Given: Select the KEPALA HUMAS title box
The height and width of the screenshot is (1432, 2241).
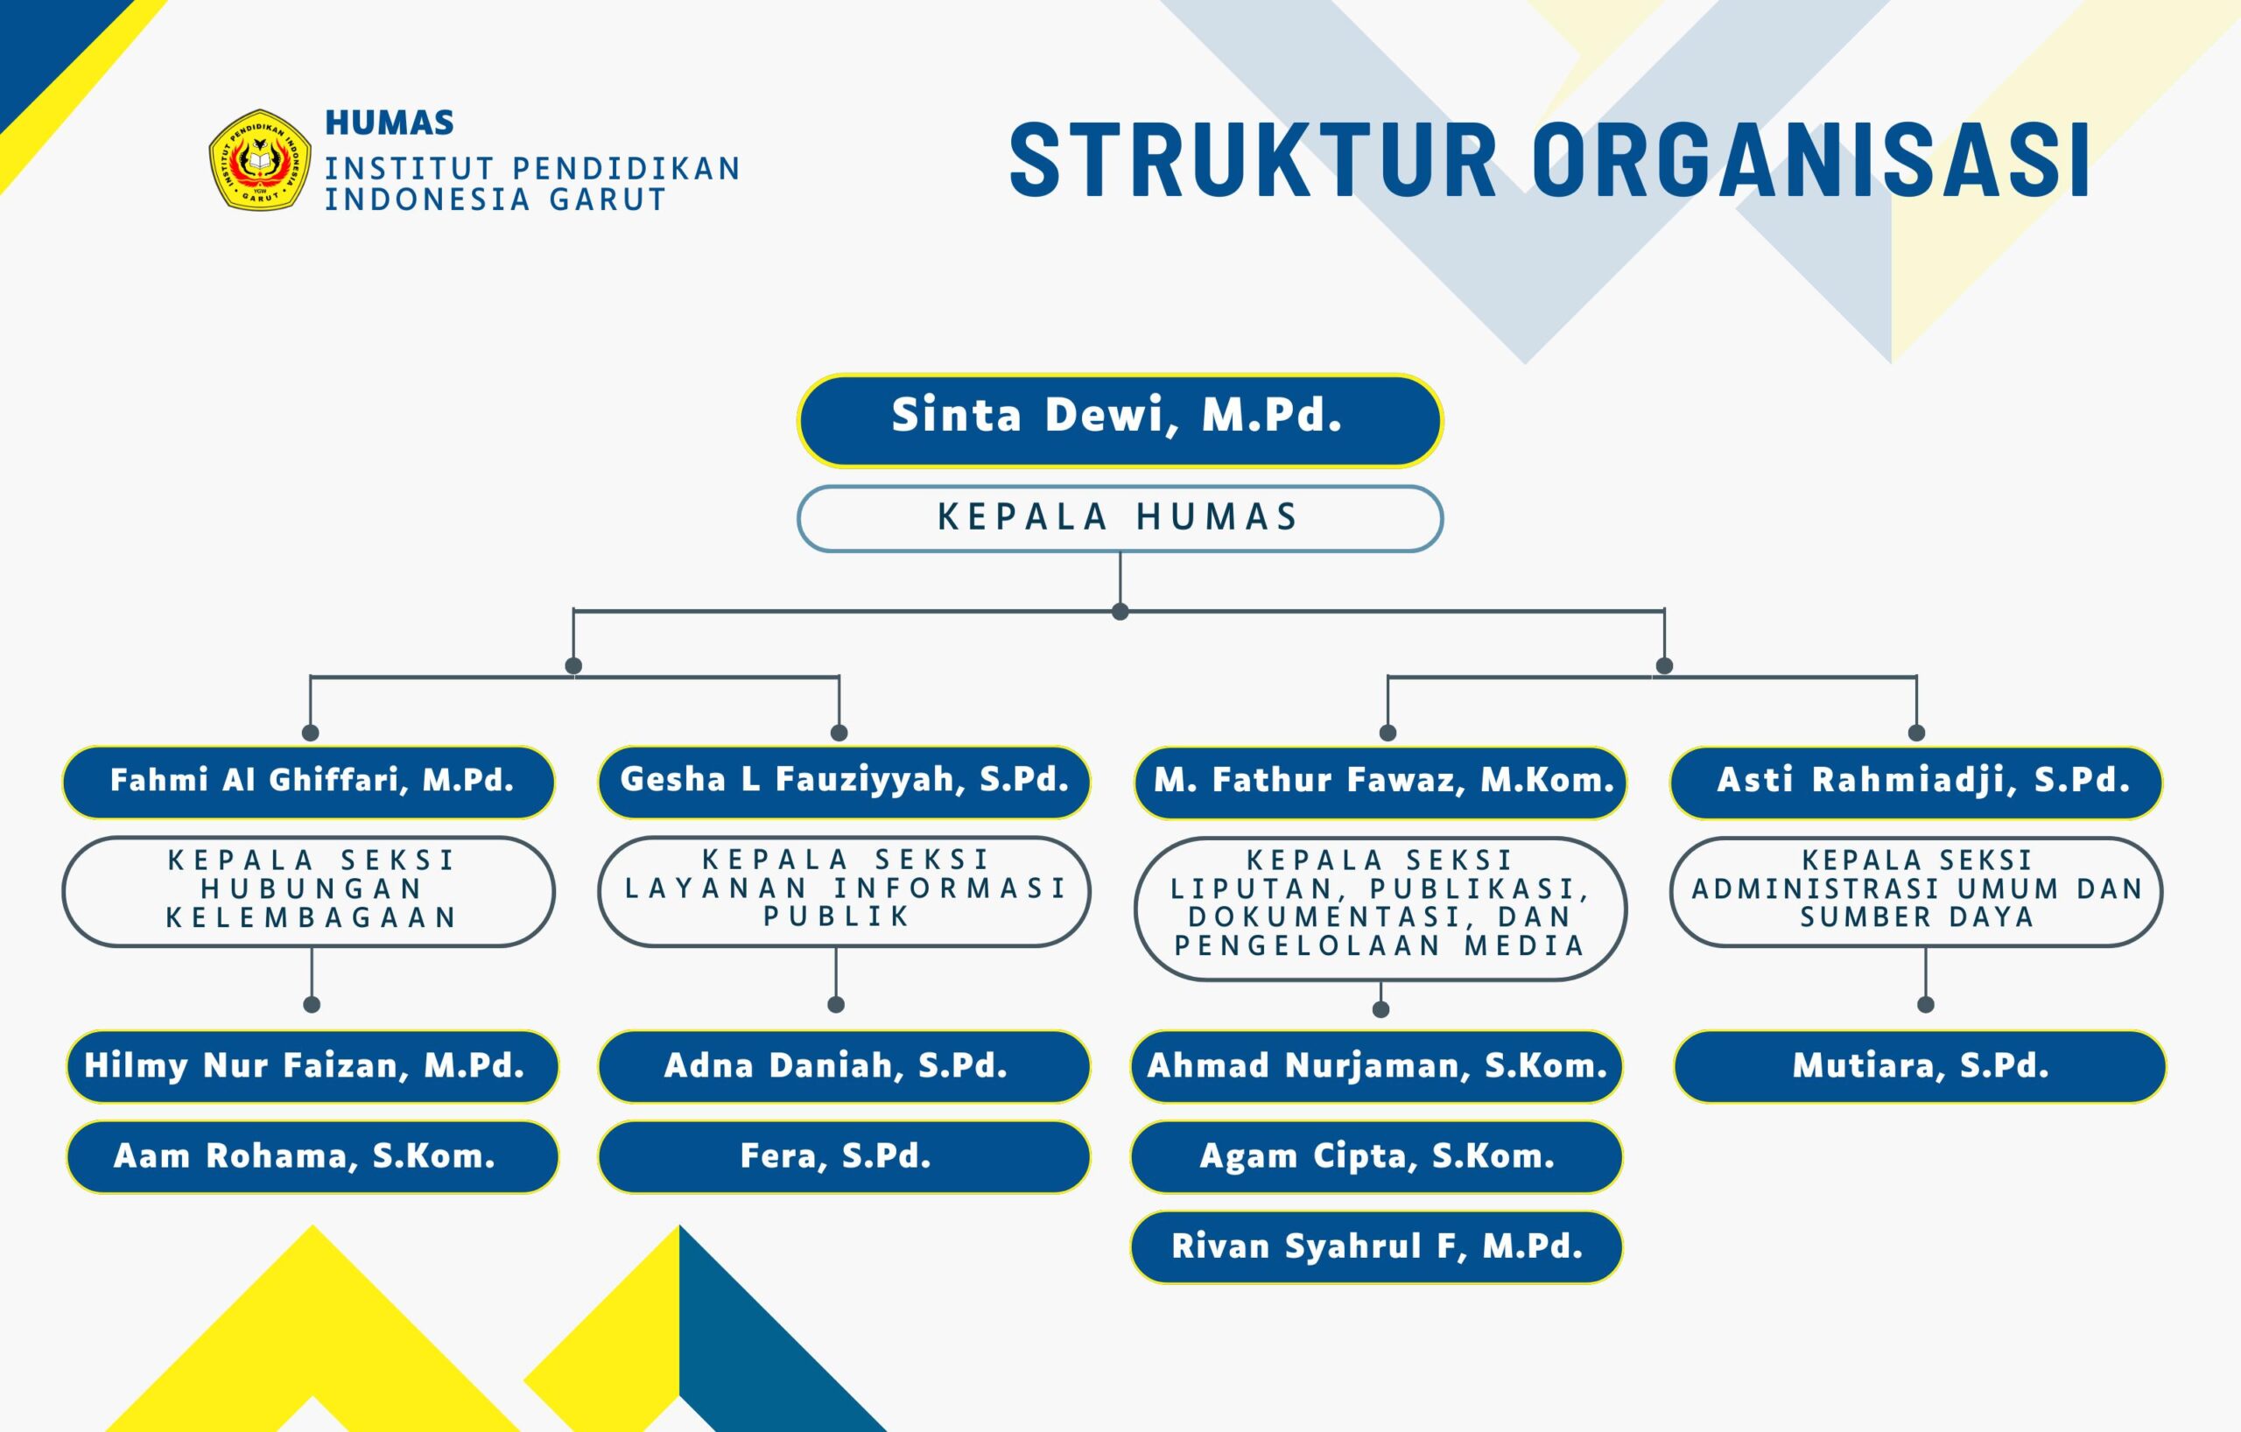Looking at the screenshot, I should click(1120, 518).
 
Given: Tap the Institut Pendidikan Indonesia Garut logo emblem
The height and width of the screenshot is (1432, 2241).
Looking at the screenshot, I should click(260, 160).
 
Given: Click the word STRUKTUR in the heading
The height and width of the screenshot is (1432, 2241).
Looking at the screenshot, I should click(1253, 160).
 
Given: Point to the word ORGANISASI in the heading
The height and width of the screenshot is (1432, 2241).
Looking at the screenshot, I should click(1811, 160).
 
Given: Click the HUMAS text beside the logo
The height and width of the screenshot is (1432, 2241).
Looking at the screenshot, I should click(389, 123).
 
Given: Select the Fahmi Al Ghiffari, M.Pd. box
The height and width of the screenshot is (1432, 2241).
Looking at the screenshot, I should click(309, 782).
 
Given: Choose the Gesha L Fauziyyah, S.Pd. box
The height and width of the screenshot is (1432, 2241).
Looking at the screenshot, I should click(843, 782).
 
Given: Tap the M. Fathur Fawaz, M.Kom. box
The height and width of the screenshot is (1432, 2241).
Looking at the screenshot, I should click(1380, 782).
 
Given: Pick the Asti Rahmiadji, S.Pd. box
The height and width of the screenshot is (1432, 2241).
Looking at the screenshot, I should click(1916, 782).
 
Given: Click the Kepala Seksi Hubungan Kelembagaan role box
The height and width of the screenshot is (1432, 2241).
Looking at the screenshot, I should click(309, 890).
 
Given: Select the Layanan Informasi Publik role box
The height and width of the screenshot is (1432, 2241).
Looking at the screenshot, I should click(843, 890).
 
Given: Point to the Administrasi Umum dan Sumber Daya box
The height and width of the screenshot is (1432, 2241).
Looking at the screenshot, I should click(1916, 890).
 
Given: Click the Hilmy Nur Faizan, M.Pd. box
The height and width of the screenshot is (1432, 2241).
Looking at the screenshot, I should click(312, 1066).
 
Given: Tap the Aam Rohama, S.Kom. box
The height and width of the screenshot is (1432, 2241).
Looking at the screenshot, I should click(312, 1156).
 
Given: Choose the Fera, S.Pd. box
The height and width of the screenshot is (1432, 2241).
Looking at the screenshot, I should click(843, 1156).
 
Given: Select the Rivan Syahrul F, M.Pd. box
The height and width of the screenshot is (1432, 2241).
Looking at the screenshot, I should click(1376, 1246).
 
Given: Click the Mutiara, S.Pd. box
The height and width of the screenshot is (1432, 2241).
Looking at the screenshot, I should click(1920, 1066).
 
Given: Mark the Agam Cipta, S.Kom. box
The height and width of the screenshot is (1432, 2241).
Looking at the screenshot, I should click(1376, 1156).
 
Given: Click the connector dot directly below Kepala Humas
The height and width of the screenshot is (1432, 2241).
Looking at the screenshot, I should click(1120, 611).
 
